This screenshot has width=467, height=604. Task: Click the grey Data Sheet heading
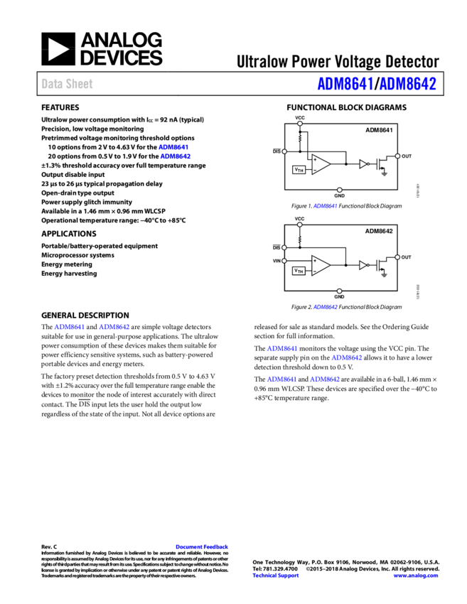tap(67, 84)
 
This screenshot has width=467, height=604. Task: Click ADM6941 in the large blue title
tap(345, 84)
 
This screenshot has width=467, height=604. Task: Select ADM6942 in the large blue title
tap(407, 84)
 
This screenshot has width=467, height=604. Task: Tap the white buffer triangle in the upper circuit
tap(363, 164)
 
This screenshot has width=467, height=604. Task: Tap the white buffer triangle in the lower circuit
tap(363, 265)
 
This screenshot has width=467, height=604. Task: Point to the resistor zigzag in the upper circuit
tap(300, 139)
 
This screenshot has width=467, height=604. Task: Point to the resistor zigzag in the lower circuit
tap(300, 239)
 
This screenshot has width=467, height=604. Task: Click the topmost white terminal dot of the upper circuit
tap(300, 124)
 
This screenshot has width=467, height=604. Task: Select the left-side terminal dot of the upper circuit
tap(284, 151)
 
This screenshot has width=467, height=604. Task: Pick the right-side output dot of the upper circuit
tap(397, 156)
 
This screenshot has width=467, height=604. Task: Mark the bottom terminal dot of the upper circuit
tap(340, 190)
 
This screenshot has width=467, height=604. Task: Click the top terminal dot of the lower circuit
tap(300, 225)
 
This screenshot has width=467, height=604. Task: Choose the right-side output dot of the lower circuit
tap(397, 257)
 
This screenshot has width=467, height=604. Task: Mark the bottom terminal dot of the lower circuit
tap(340, 291)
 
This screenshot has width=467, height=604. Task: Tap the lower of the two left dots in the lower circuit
tap(284, 261)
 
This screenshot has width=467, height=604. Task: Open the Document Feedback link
tap(202, 546)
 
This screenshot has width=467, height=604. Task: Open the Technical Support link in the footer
tap(276, 576)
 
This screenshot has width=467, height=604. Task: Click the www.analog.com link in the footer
tap(416, 576)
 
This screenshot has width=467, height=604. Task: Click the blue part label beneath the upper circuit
tap(325, 206)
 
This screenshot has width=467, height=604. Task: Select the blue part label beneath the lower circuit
tap(325, 308)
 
